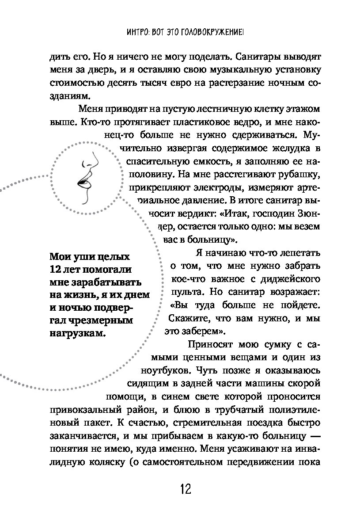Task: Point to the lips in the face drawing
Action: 83,181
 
